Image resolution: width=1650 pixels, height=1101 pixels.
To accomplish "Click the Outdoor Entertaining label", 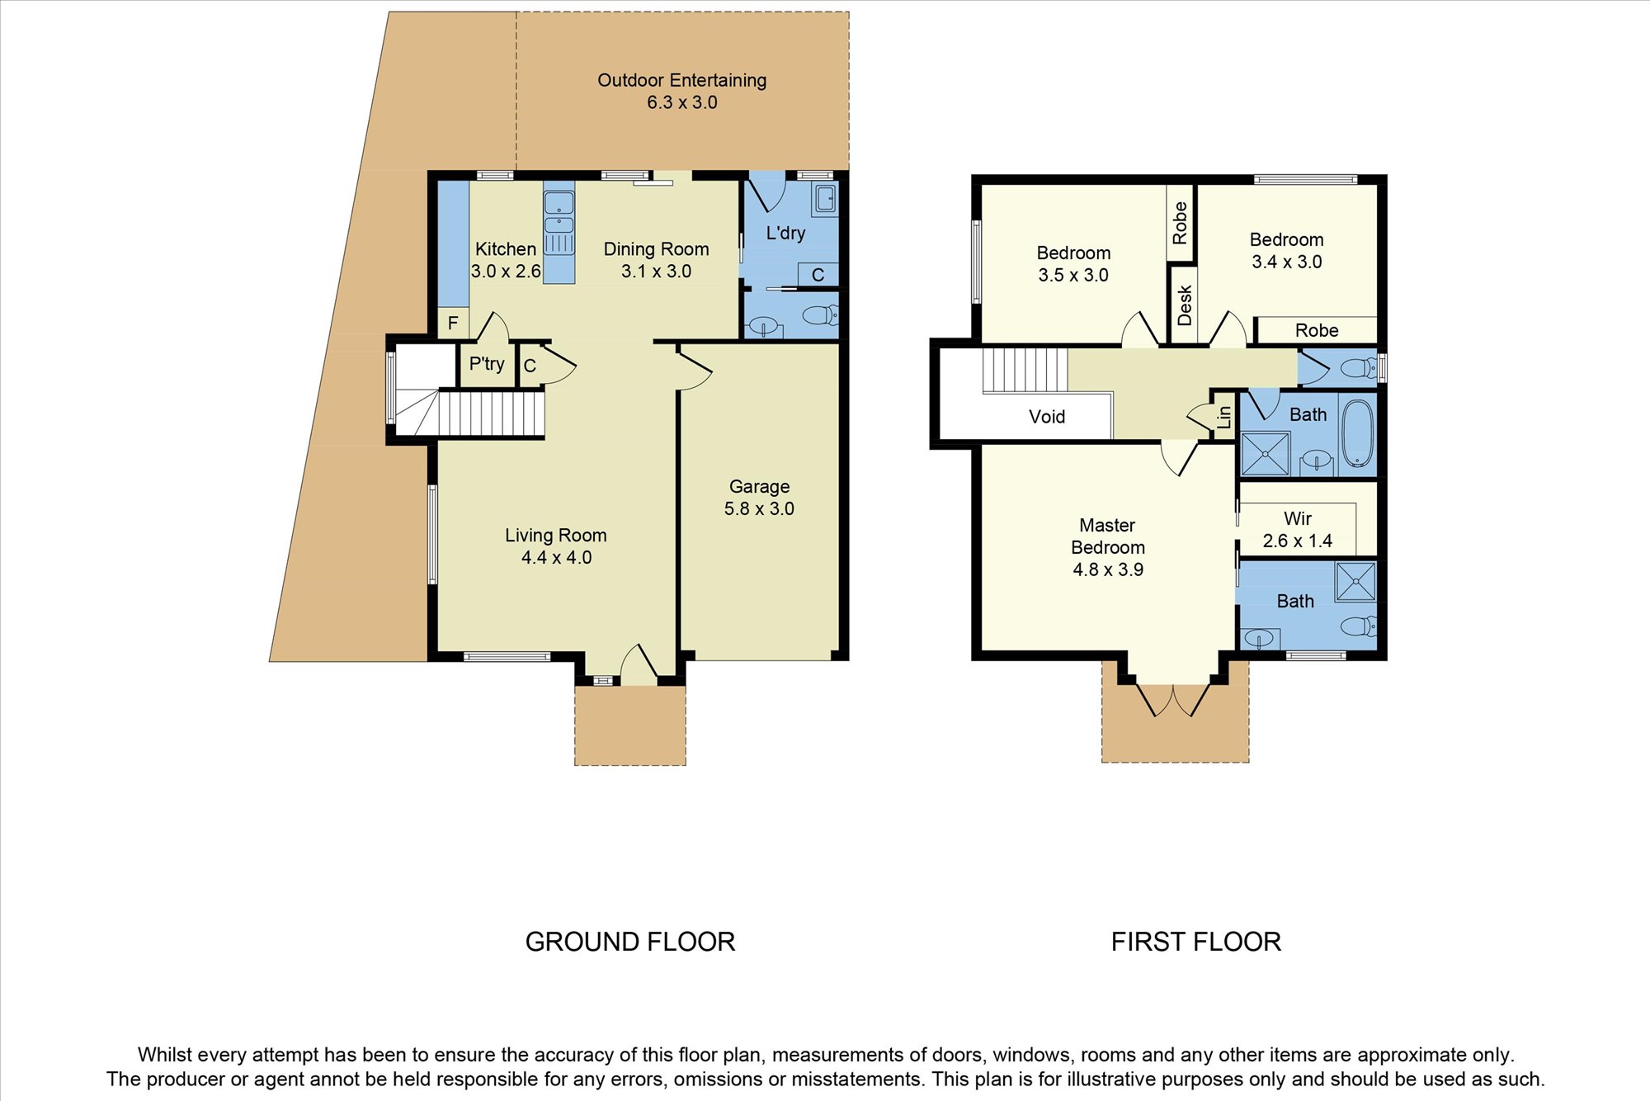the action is click(x=681, y=80).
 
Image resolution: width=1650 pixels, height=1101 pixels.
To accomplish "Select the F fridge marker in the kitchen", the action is click(x=453, y=323).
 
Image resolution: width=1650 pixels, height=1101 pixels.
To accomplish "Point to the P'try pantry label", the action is click(x=487, y=364).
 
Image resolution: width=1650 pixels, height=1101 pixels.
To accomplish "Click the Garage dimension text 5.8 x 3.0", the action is click(x=759, y=508).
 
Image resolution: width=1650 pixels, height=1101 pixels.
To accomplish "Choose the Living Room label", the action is click(x=556, y=535).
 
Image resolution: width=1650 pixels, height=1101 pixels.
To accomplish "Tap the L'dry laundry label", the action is click(x=785, y=234).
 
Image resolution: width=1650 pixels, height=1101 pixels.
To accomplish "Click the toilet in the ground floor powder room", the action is click(x=820, y=315).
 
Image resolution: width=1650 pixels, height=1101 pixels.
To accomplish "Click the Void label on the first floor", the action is click(x=1047, y=417).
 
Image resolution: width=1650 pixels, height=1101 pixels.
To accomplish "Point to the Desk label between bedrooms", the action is click(x=1185, y=305).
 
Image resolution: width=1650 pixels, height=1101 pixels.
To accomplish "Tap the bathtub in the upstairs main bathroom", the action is click(x=1358, y=434).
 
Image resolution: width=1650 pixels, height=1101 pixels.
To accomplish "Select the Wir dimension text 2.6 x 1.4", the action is click(x=1298, y=541).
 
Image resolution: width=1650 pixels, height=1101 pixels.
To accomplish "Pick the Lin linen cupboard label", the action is click(x=1224, y=418).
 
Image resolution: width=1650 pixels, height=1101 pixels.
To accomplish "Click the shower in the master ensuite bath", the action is click(x=1355, y=581).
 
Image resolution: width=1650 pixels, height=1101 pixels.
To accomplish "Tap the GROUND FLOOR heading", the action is click(x=630, y=942).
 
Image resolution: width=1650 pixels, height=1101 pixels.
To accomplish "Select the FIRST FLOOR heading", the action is click(x=1196, y=942).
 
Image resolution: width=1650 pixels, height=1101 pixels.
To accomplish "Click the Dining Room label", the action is click(x=656, y=249).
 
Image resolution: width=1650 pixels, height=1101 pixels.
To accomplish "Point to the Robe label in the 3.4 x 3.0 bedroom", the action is click(x=1317, y=330).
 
